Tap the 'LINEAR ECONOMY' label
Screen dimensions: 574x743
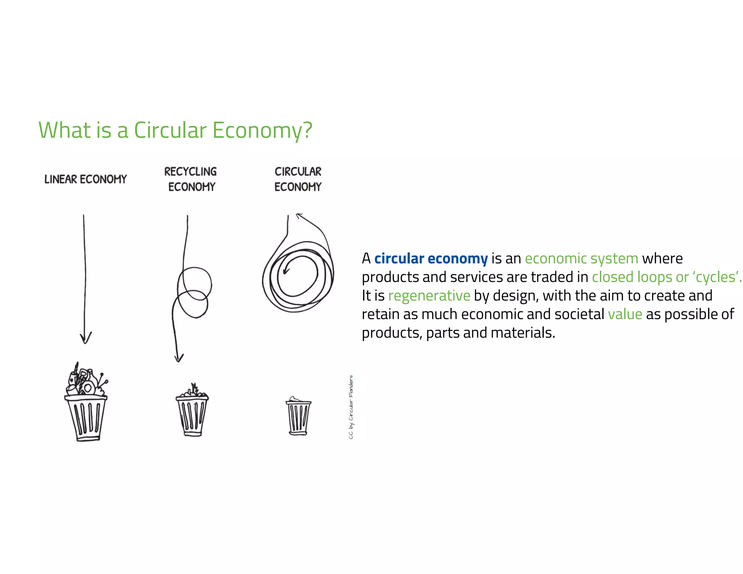click(86, 179)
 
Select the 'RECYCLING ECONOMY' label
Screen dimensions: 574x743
click(191, 179)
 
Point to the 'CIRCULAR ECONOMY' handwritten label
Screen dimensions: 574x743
click(298, 179)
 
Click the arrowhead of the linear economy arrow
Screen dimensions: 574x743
click(86, 339)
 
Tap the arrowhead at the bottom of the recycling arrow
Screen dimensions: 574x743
click(178, 358)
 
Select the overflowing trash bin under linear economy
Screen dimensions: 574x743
click(86, 410)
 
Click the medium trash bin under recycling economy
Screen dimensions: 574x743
click(192, 414)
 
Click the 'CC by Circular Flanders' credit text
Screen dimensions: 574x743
click(351, 407)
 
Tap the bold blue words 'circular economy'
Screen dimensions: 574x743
click(431, 259)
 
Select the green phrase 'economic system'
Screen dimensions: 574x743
click(581, 259)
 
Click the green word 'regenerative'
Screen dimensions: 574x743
click(429, 296)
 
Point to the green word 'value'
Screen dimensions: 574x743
click(625, 314)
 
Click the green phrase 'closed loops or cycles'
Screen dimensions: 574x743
click(666, 277)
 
